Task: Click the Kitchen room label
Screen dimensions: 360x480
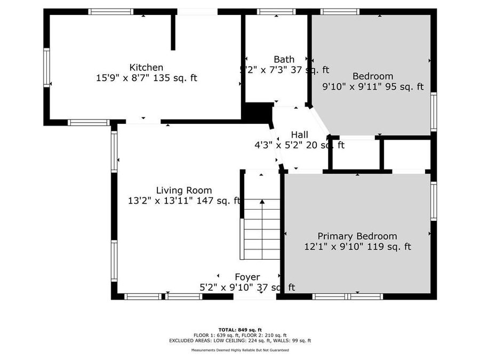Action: point(146,67)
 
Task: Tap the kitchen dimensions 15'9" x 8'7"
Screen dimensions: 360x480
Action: point(146,78)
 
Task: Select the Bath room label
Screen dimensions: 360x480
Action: point(284,59)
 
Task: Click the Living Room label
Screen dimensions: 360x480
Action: point(183,190)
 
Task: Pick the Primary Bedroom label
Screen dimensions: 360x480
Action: point(357,236)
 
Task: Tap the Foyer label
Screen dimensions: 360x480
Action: point(247,277)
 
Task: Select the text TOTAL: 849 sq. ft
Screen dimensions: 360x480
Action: point(240,330)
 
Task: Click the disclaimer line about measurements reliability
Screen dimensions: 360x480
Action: point(240,350)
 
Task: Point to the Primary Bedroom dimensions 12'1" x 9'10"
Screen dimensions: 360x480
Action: point(357,247)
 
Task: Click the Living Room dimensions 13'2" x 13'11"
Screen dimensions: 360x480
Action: point(184,201)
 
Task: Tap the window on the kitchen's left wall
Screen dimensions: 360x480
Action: point(46,68)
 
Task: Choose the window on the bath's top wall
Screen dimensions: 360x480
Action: point(276,11)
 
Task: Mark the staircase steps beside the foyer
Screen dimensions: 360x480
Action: point(262,229)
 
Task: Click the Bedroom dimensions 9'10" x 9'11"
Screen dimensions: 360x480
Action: point(373,86)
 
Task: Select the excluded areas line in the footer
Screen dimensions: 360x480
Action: point(240,340)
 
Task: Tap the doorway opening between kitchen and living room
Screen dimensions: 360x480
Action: point(143,122)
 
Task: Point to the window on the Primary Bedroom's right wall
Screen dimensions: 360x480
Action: point(434,201)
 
